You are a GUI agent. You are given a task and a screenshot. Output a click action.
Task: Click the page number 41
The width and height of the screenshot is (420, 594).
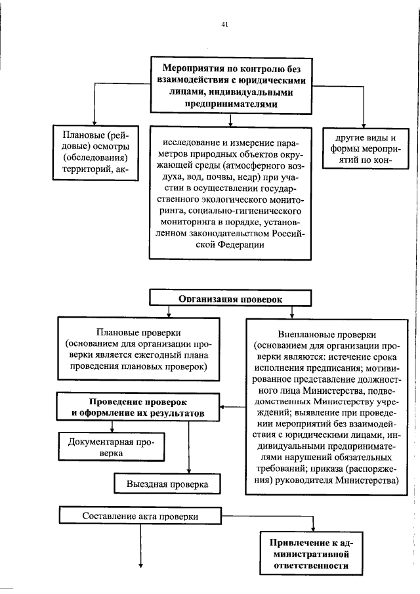(x=224, y=25)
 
